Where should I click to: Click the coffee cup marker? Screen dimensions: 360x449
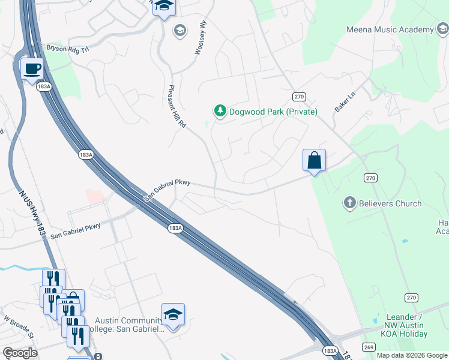[x=31, y=68]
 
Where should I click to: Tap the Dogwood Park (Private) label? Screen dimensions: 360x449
[x=273, y=112]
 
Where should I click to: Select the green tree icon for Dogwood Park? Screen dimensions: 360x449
[x=220, y=111]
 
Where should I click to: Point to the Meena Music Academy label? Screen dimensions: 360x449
[x=390, y=30]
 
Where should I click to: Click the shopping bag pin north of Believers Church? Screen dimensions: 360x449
[x=314, y=160]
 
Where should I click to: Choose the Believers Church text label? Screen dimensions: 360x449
[x=390, y=203]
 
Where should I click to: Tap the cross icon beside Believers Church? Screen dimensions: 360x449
[x=350, y=203]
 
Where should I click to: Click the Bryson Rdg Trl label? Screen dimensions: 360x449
[x=67, y=48]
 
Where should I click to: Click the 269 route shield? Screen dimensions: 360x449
[x=369, y=347]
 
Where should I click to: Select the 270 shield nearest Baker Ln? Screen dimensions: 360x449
[x=300, y=97]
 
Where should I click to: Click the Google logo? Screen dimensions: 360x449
[x=19, y=353]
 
